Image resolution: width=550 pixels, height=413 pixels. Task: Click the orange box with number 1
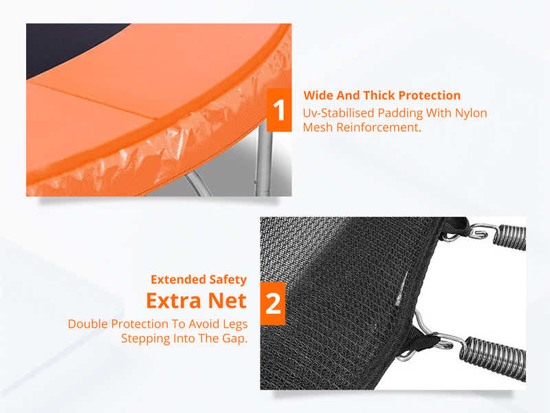[279, 111]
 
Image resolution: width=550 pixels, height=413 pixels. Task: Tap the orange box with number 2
[273, 303]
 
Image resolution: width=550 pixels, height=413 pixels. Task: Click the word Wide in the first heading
[319, 96]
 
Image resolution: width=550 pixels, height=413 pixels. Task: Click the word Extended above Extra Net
[177, 279]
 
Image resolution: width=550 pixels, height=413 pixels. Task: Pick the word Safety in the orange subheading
[227, 279]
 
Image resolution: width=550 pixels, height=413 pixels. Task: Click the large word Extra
[173, 301]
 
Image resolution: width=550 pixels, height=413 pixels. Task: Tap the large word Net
[226, 301]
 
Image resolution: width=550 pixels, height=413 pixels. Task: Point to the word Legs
[232, 324]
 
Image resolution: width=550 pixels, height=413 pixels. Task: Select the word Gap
[232, 339]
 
